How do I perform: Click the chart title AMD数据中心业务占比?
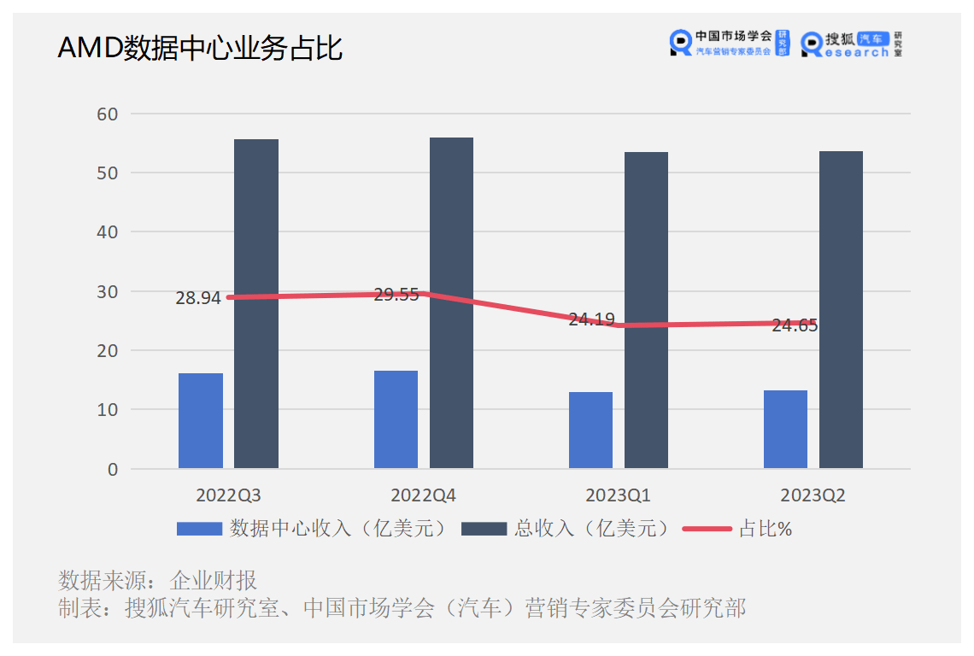[200, 49]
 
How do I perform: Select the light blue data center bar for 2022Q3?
[201, 420]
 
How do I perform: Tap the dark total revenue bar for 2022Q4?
[451, 302]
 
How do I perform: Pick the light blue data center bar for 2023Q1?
[590, 430]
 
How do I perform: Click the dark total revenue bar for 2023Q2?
[841, 309]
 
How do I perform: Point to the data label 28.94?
[198, 298]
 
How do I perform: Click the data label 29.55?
[396, 295]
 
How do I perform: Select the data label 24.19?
[591, 319]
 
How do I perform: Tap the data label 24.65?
[795, 325]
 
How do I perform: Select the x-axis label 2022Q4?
[423, 495]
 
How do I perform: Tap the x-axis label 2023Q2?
[813, 495]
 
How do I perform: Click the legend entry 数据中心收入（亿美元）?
[313, 529]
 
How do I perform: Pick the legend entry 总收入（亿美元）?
[565, 529]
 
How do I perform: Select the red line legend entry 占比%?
[738, 529]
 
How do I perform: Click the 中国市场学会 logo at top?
[730, 43]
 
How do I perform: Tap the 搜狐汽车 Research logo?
[852, 44]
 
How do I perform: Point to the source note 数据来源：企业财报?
[158, 581]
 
